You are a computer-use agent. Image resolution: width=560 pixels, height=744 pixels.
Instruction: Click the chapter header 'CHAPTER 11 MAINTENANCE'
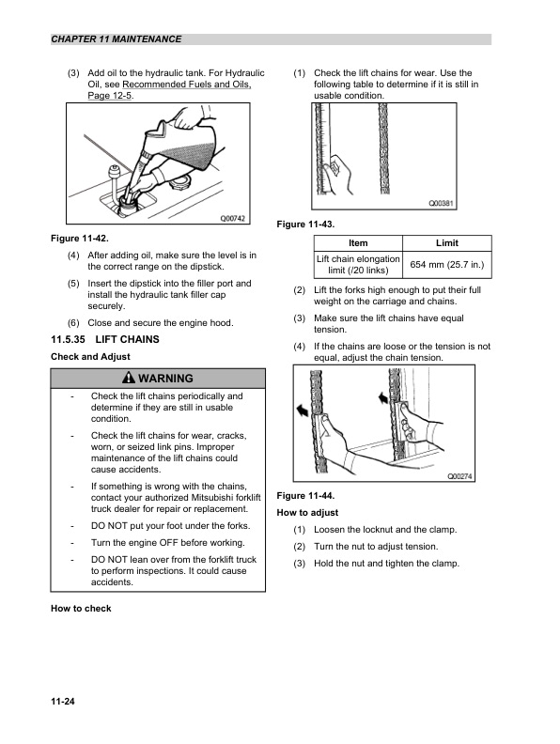pyautogui.click(x=117, y=39)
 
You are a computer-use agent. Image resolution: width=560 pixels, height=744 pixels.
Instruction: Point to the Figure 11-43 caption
pyautogui.click(x=306, y=225)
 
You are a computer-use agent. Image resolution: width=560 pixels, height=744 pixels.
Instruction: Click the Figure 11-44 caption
pyautogui.click(x=306, y=495)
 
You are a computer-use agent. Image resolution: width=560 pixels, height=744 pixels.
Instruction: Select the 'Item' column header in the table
pyautogui.click(x=357, y=243)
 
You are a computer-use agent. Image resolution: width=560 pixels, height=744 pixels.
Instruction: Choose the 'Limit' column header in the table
pyautogui.click(x=446, y=243)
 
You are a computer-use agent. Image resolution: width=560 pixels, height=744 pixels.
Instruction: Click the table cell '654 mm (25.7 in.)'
pyautogui.click(x=446, y=266)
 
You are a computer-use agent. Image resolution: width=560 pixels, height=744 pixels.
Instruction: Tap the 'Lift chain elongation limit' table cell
pyautogui.click(x=357, y=266)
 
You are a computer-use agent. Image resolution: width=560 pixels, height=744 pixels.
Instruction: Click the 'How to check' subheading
pyautogui.click(x=81, y=609)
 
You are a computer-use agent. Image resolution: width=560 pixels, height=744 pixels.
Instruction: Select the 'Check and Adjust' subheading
pyautogui.click(x=89, y=357)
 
